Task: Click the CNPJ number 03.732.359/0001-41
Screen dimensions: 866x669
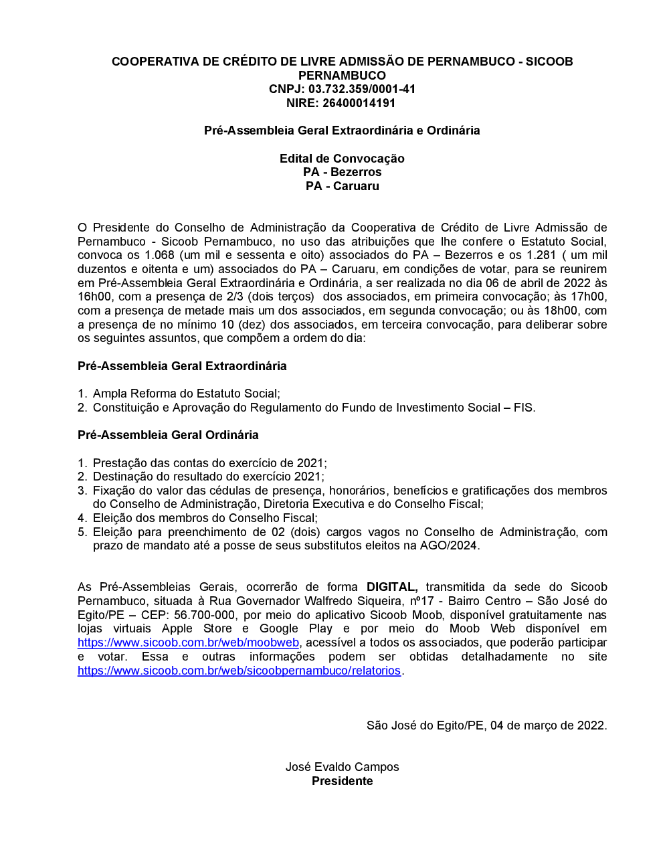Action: click(362, 89)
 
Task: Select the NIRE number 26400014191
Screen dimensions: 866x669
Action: click(359, 103)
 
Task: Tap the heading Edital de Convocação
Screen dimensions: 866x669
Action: click(342, 159)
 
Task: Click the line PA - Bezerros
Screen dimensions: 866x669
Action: click(342, 172)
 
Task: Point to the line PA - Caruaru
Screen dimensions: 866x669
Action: click(342, 186)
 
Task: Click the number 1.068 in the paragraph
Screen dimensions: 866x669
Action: click(159, 255)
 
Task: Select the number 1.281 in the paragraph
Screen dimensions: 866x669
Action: click(541, 255)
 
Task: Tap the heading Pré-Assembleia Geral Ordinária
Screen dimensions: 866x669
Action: click(168, 435)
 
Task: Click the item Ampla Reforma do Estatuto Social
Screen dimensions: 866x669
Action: click(186, 394)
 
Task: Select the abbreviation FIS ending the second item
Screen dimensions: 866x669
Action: click(523, 408)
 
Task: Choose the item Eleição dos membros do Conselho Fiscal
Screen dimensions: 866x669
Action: click(205, 518)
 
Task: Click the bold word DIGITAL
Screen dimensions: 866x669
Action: click(392, 587)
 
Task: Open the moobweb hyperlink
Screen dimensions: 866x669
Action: click(188, 642)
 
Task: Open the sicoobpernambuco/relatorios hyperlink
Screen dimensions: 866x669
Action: click(239, 671)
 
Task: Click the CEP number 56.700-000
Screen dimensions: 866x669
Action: click(204, 615)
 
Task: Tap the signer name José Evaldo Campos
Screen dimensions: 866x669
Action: click(342, 767)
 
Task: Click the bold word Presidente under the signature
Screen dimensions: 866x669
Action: click(342, 781)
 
